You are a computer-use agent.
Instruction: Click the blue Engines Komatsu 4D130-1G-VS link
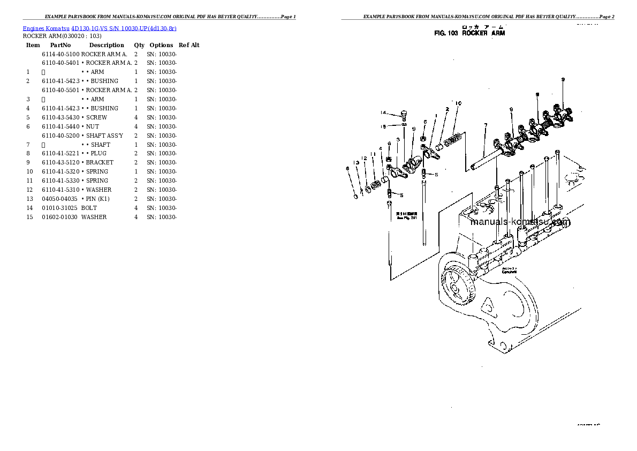click(100, 28)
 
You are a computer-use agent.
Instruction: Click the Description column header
click(107, 46)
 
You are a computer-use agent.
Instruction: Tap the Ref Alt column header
click(189, 46)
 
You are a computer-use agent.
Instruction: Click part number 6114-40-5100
click(60, 54)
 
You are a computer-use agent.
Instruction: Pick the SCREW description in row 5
click(96, 117)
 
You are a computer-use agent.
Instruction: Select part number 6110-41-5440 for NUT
click(60, 126)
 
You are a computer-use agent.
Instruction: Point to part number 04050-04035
click(60, 199)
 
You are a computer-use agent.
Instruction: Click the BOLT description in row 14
click(89, 208)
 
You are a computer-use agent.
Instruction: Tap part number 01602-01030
click(60, 217)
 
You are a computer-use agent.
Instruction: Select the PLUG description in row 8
click(98, 153)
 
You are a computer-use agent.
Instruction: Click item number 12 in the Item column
click(29, 190)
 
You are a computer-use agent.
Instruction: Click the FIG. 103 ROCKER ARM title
click(469, 33)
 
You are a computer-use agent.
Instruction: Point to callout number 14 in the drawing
click(383, 112)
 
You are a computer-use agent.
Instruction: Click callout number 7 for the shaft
click(485, 125)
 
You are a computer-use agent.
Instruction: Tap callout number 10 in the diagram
click(459, 103)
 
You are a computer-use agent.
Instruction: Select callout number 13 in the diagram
click(355, 162)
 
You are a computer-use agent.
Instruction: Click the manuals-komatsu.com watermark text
click(520, 222)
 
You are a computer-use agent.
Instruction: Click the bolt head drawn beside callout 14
click(403, 114)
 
